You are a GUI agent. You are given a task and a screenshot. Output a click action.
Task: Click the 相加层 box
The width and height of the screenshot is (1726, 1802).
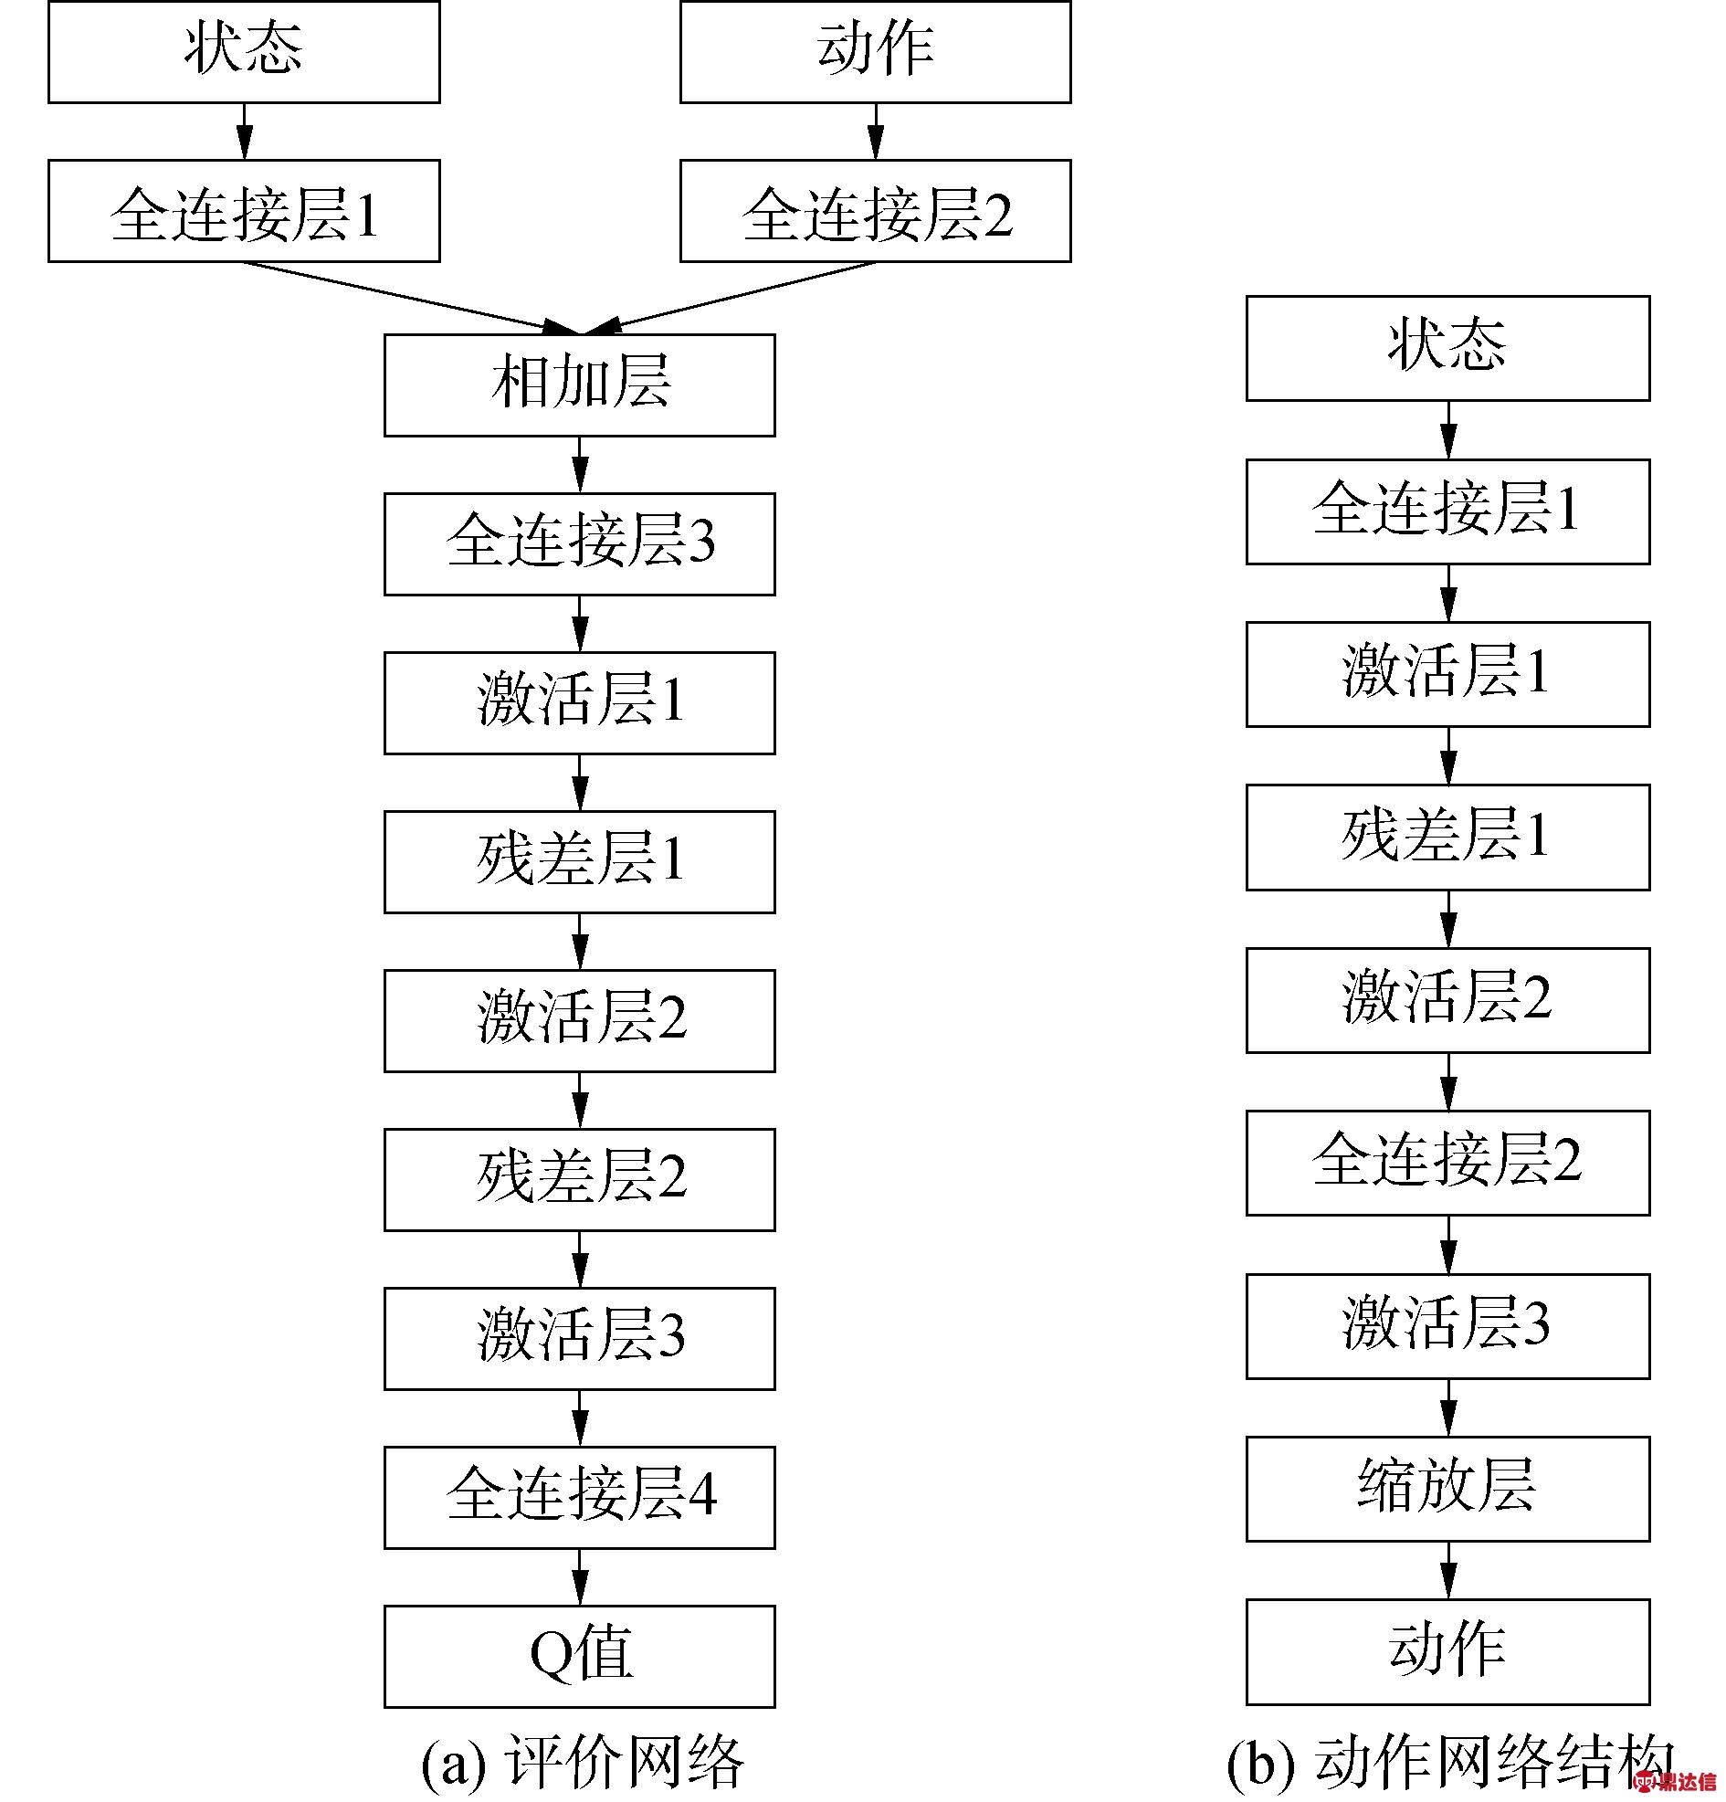click(579, 385)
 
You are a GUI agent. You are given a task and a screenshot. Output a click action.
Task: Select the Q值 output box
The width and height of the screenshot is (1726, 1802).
click(579, 1656)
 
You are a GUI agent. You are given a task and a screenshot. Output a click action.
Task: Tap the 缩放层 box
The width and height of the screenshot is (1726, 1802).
click(1447, 1489)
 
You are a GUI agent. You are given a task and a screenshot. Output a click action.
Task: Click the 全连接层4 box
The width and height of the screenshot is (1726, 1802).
click(579, 1497)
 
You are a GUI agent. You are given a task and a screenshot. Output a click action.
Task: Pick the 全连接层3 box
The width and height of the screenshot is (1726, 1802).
click(579, 543)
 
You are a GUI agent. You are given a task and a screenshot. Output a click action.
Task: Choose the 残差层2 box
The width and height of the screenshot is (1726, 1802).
click(579, 1179)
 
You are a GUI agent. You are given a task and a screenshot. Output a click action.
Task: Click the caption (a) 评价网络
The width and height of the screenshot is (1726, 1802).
click(583, 1762)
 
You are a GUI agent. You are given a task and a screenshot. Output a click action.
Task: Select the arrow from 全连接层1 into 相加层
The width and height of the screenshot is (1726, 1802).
click(412, 298)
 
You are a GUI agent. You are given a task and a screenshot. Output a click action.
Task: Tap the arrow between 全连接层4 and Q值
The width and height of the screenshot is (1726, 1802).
click(579, 1576)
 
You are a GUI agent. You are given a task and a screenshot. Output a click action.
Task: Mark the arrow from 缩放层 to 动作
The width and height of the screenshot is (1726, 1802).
click(1448, 1570)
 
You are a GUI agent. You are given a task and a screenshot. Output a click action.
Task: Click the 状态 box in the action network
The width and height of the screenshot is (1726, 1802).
click(1447, 348)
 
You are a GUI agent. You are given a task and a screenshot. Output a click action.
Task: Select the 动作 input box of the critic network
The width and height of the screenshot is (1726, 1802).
click(875, 51)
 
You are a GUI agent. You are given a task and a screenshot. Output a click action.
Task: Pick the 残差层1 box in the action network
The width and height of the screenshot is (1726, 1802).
click(1447, 837)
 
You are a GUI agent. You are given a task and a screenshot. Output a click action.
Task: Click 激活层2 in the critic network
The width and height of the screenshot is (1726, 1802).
click(579, 1019)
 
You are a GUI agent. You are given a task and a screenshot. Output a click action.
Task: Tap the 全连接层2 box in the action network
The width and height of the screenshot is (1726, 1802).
click(1447, 1162)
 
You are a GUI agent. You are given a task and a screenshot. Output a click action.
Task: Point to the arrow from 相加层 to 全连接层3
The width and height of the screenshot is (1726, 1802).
click(579, 464)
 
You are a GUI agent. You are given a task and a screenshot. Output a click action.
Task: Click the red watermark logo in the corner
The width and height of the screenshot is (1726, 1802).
click(1674, 1781)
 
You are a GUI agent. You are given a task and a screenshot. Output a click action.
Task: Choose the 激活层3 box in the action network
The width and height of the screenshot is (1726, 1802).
click(1447, 1326)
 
